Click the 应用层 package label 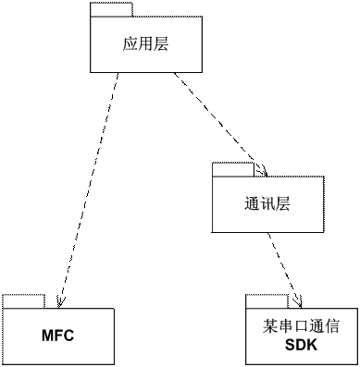point(145,43)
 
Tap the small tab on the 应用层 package point(111,10)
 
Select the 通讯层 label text point(267,203)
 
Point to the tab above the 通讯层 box point(232,169)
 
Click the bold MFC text point(57,336)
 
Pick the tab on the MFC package point(23,301)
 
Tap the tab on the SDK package point(267,301)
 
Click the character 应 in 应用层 point(130,43)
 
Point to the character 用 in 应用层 point(145,43)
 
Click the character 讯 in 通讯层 point(267,203)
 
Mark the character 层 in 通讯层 point(282,203)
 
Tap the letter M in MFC point(47,336)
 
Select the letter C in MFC point(68,336)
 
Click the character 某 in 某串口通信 point(270,326)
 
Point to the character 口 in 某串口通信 point(301,326)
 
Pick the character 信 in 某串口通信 point(331,326)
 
